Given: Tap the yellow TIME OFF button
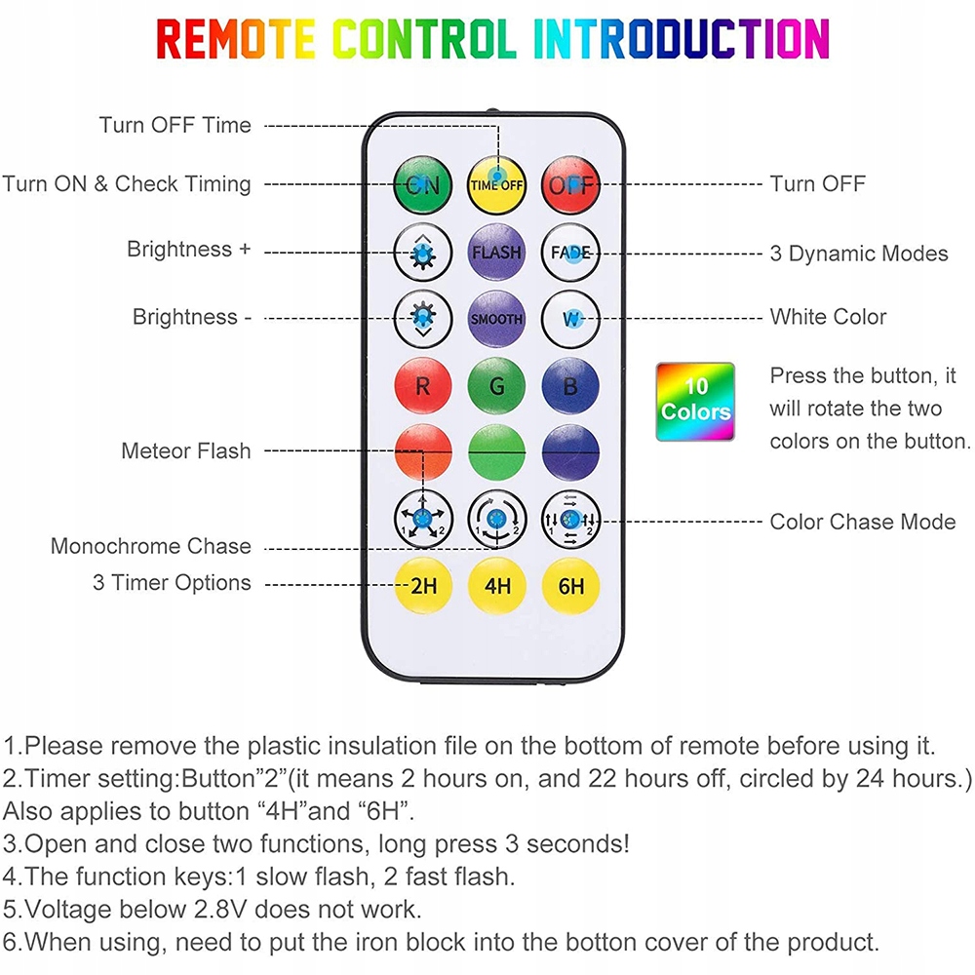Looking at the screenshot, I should tap(497, 183).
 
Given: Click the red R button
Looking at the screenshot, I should tap(422, 386).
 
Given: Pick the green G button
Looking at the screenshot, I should tap(497, 386).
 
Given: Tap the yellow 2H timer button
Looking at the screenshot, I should tap(422, 586).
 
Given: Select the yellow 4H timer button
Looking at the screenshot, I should tap(497, 586).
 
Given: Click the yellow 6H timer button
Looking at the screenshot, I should tap(571, 586).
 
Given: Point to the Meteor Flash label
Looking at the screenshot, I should tap(185, 450).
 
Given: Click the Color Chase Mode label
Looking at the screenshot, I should tap(862, 522).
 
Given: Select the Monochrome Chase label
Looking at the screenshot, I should tap(150, 546).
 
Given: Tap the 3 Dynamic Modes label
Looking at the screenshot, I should tap(858, 253).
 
